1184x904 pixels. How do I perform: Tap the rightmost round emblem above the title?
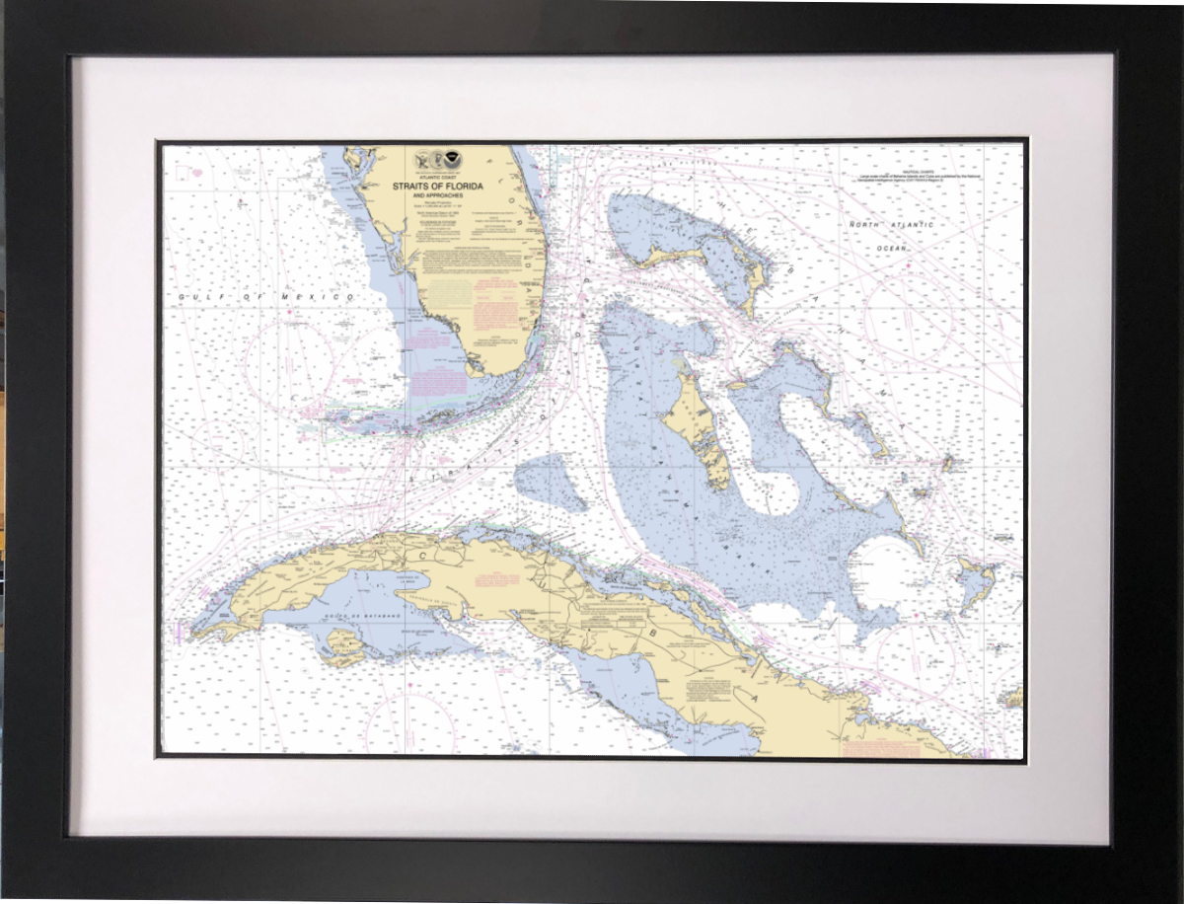point(452,158)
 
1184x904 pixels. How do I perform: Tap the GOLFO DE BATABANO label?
point(354,619)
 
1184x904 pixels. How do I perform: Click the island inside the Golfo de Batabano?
point(345,646)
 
